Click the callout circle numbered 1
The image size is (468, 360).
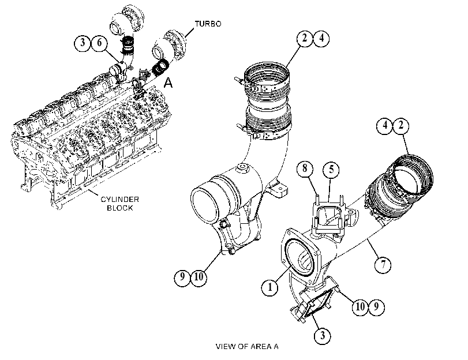pyautogui.click(x=270, y=287)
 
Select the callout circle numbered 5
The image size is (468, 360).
pyautogui.click(x=331, y=169)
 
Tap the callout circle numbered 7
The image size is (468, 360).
pyautogui.click(x=383, y=264)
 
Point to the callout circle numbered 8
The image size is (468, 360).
pyautogui.click(x=305, y=168)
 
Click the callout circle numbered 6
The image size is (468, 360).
pyautogui.click(x=99, y=43)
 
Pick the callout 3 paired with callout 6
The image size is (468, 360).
pyautogui.click(x=83, y=43)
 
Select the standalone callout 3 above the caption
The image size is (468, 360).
pyautogui.click(x=323, y=335)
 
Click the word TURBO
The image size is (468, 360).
pyautogui.click(x=208, y=24)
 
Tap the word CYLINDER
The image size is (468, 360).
pyautogui.click(x=119, y=200)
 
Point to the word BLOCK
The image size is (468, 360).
pyautogui.click(x=119, y=208)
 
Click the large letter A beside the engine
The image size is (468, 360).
pyautogui.click(x=169, y=82)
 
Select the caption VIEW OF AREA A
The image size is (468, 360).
pyautogui.click(x=247, y=346)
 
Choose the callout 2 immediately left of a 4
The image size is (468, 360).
pyautogui.click(x=305, y=39)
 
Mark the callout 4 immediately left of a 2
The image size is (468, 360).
pyautogui.click(x=385, y=125)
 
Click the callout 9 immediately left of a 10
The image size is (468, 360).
pyautogui.click(x=182, y=277)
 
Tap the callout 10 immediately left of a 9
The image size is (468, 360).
pyautogui.click(x=360, y=306)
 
